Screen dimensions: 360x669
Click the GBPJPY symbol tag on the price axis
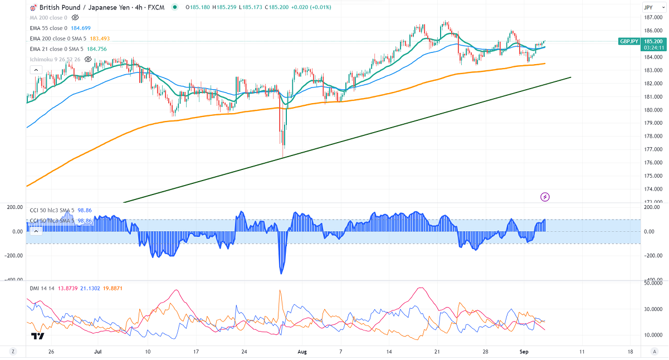pos(632,41)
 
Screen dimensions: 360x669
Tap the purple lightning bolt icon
pos(545,197)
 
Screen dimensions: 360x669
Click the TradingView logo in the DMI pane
pos(38,336)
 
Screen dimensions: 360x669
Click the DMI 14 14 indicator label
pos(43,288)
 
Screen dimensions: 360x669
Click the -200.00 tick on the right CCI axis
pos(650,256)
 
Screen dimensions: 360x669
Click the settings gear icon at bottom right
pos(654,352)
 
